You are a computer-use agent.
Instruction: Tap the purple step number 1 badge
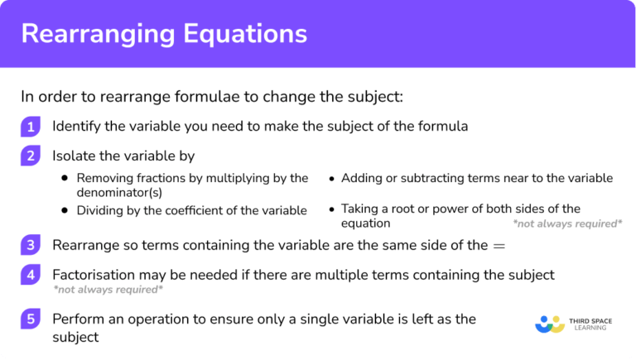pyautogui.click(x=31, y=127)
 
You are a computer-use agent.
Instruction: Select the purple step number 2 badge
pyautogui.click(x=31, y=156)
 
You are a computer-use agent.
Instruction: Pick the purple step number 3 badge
pyautogui.click(x=31, y=246)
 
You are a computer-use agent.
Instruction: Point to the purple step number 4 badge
pyautogui.click(x=31, y=274)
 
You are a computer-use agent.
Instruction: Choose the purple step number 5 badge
pyautogui.click(x=31, y=319)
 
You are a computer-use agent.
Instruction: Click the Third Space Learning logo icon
pyautogui.click(x=550, y=324)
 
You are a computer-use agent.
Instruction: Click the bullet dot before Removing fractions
pyautogui.click(x=65, y=179)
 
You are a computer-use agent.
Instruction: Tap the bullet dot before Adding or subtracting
pyautogui.click(x=331, y=179)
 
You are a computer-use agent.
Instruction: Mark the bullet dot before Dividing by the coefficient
pyautogui.click(x=65, y=211)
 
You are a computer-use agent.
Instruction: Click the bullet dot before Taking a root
pyautogui.click(x=331, y=209)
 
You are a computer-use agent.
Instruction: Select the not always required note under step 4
pyautogui.click(x=108, y=290)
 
